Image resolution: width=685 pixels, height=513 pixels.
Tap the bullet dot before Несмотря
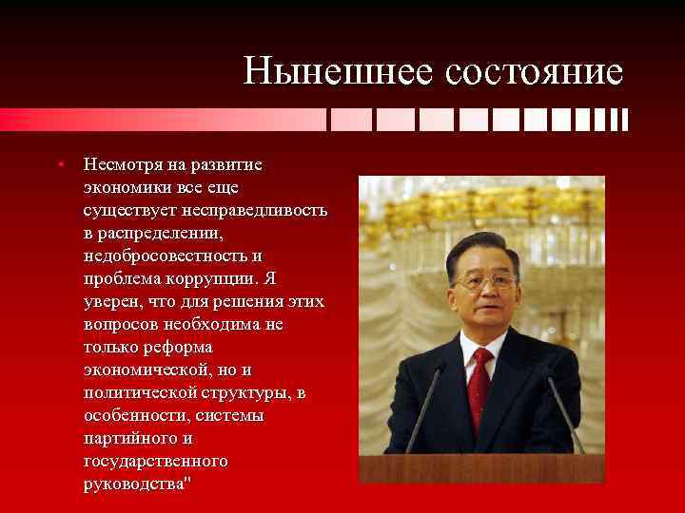pos(59,163)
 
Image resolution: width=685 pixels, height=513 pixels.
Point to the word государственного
pos(155,460)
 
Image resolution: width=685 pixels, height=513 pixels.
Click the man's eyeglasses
pos(485,280)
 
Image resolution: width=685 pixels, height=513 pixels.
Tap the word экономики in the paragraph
pos(125,186)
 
